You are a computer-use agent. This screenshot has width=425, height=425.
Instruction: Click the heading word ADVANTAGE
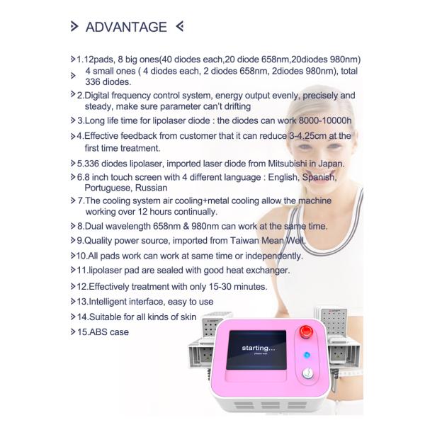pyautogui.click(x=126, y=27)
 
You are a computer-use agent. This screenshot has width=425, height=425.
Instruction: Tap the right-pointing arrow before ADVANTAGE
pyautogui.click(x=74, y=26)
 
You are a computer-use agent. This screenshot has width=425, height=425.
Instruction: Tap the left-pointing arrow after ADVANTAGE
pyautogui.click(x=180, y=26)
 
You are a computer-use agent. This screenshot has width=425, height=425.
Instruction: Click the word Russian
pyautogui.click(x=152, y=188)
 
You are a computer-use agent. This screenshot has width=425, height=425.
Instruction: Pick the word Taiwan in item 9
pyautogui.click(x=244, y=241)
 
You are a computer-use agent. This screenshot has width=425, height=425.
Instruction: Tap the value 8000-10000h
pyautogui.click(x=325, y=120)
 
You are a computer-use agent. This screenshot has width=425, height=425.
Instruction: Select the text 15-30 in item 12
pyautogui.click(x=220, y=286)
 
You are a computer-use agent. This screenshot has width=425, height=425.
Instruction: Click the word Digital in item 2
pyautogui.click(x=96, y=96)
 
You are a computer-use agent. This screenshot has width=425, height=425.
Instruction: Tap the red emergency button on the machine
pyautogui.click(x=306, y=331)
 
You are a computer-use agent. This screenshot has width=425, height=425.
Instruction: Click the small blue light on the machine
pyautogui.click(x=307, y=355)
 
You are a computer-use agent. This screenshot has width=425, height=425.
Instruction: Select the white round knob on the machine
pyautogui.click(x=308, y=373)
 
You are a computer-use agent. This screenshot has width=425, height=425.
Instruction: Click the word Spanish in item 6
pyautogui.click(x=319, y=178)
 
